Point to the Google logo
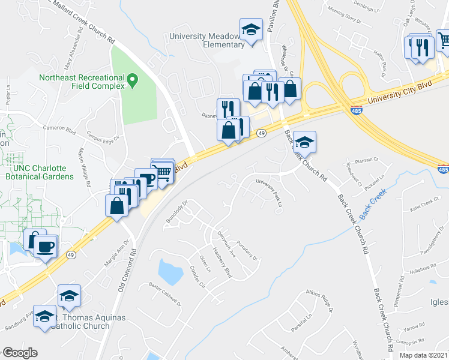pyautogui.click(x=20, y=353)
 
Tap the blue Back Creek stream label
pyautogui.click(x=372, y=204)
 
